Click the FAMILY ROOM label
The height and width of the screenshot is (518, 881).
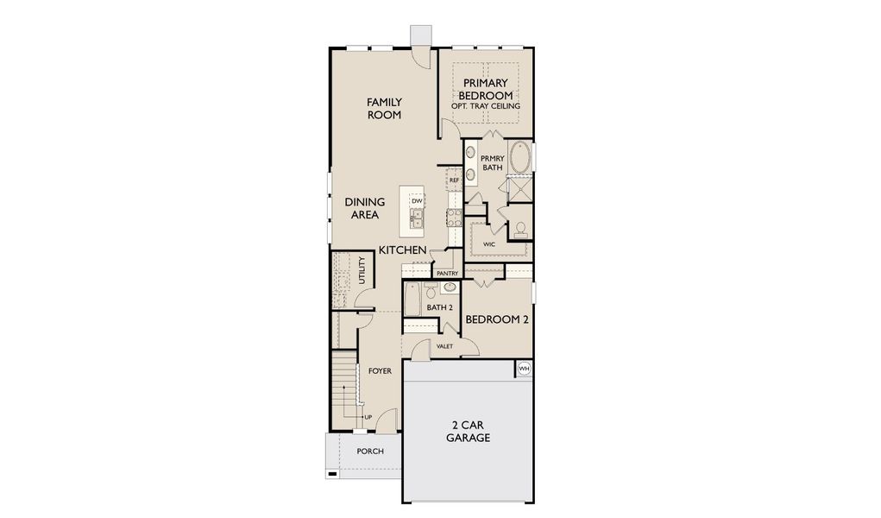(384, 108)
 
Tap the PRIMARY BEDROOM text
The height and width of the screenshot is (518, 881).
(485, 89)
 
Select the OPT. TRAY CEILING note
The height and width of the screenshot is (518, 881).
(485, 106)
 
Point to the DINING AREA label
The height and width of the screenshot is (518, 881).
(365, 208)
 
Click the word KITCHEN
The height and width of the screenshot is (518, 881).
(403, 250)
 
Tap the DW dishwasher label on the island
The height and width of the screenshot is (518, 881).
(417, 201)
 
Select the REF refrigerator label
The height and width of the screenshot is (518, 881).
(454, 180)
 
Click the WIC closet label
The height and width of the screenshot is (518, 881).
(488, 244)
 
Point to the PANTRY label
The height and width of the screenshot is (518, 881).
(447, 274)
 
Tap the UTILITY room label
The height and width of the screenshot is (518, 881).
(362, 272)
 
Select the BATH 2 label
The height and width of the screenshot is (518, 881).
(439, 307)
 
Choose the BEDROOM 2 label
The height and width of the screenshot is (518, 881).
(497, 319)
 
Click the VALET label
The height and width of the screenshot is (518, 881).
(444, 346)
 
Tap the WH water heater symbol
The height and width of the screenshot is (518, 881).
(524, 369)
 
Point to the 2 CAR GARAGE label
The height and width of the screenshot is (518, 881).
(468, 432)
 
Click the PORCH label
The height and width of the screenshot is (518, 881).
(370, 451)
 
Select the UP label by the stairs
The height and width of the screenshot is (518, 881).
(368, 417)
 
